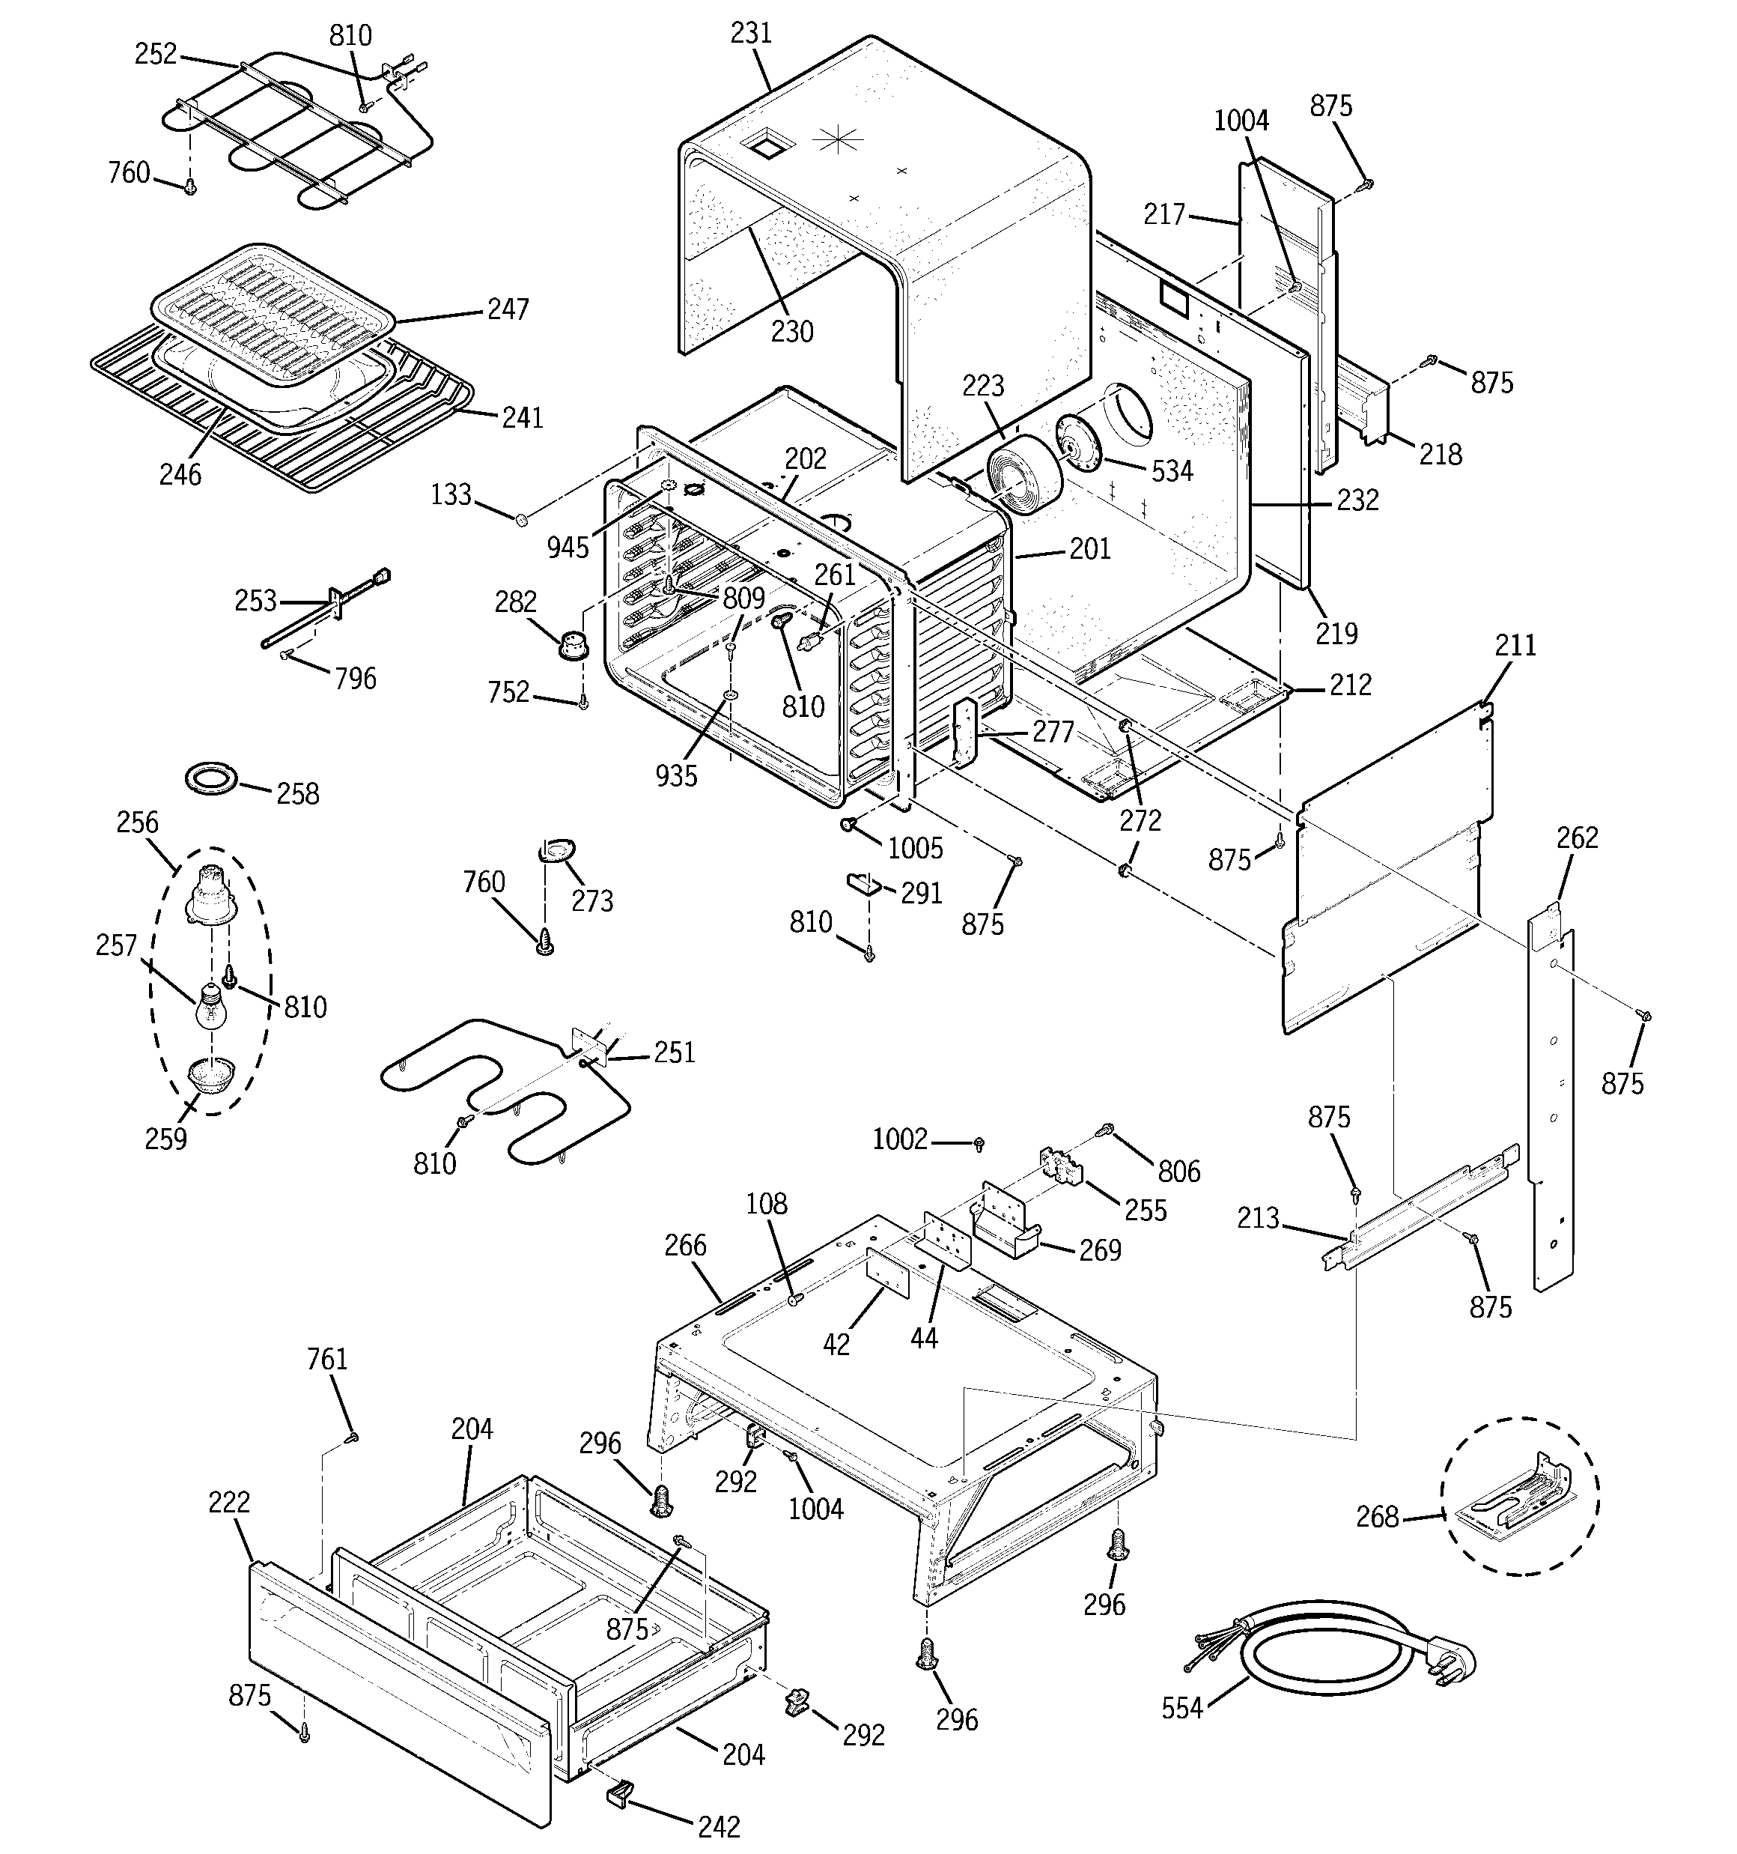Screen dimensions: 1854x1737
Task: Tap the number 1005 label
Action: click(x=915, y=848)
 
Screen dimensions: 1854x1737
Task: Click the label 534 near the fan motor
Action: click(x=1171, y=471)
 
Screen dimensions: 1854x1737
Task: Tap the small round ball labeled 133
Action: click(x=522, y=518)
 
